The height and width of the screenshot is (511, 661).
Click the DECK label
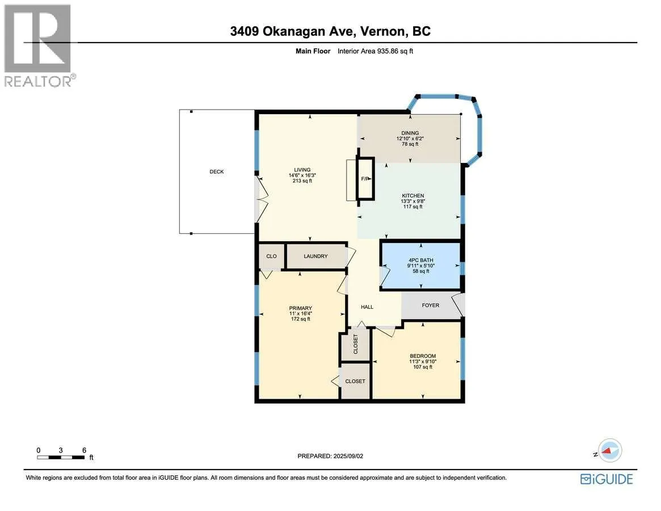tap(217, 171)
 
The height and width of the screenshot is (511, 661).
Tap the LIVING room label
tap(302, 170)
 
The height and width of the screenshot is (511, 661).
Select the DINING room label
tap(410, 133)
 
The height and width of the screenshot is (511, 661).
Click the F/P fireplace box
tap(365, 178)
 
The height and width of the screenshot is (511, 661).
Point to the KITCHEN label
tap(413, 196)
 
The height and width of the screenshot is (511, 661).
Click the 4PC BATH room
tap(420, 265)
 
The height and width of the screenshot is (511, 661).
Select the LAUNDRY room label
tap(315, 256)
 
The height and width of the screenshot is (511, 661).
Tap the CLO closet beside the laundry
tap(271, 256)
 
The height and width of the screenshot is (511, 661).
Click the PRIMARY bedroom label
tap(301, 308)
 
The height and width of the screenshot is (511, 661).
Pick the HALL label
tap(367, 307)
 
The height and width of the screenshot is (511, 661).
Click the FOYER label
tap(431, 305)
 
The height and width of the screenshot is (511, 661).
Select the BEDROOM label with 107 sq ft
tap(423, 356)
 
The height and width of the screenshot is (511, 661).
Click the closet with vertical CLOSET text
tap(355, 344)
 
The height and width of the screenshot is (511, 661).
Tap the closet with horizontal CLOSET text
tap(355, 381)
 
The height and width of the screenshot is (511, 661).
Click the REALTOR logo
tap(39, 45)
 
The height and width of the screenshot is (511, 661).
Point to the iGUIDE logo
tap(607, 479)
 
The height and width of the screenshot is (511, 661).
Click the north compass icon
tap(609, 451)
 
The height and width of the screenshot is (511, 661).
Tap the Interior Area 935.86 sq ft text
tap(375, 51)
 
